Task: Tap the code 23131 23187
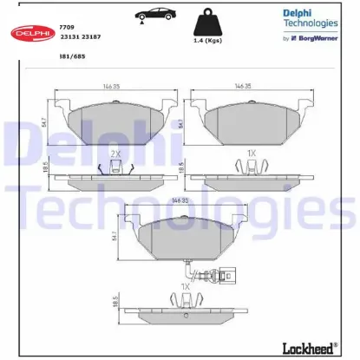coord(81,37)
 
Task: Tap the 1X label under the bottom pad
coord(185,285)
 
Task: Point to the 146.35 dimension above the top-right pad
coord(243,87)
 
